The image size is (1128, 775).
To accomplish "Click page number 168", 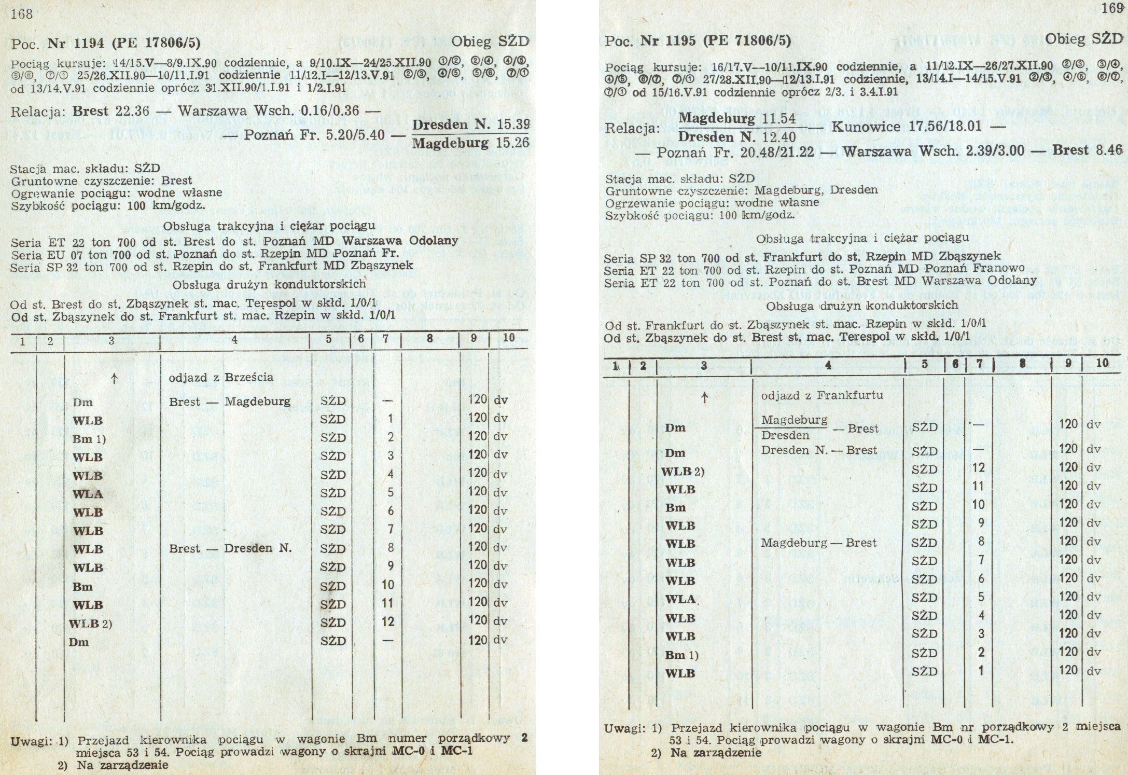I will click(x=21, y=14).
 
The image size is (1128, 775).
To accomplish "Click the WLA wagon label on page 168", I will click(x=88, y=493).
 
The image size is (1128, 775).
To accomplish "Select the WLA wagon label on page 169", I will click(x=680, y=599).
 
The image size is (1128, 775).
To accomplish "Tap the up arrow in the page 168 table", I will click(x=113, y=379).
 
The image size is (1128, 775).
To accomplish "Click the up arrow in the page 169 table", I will click(x=704, y=398).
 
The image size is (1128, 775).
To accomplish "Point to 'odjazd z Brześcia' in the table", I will click(x=221, y=377).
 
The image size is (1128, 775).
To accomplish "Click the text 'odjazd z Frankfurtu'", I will click(x=816, y=395).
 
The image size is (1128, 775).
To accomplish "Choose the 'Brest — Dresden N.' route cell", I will click(x=230, y=548).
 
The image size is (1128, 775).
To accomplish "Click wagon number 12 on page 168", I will click(x=388, y=621).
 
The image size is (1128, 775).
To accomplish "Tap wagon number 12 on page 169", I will click(x=978, y=467).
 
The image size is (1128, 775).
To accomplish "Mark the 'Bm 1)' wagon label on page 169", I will click(x=681, y=655).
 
